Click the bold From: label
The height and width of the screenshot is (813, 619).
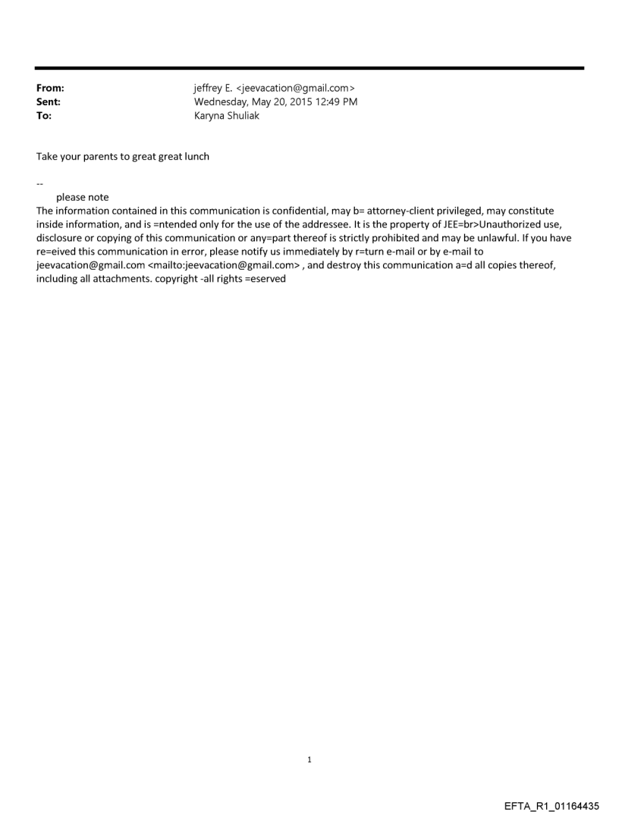pos(50,89)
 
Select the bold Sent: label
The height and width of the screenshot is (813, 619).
pos(49,102)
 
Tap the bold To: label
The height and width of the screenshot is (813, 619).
pos(44,116)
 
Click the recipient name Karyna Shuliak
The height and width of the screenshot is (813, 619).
pos(227,116)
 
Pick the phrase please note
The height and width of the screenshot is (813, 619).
pos(82,198)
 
